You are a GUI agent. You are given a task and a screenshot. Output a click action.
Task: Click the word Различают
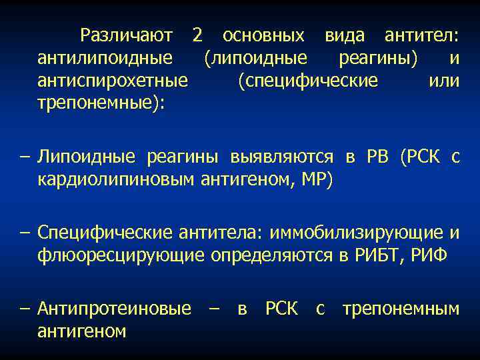tap(126, 35)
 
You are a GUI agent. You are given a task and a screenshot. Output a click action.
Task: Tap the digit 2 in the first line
tap(197, 35)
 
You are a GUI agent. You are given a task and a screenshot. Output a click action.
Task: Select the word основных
tap(264, 35)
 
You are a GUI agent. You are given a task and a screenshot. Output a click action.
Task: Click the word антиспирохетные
tap(113, 81)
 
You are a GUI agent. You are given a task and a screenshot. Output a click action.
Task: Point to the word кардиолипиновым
tap(117, 179)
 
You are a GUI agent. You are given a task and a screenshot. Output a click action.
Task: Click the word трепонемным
tap(401, 308)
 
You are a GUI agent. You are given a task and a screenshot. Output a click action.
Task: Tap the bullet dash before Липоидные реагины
tap(25, 157)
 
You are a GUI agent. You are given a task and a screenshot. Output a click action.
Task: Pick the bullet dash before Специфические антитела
tap(25, 232)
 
